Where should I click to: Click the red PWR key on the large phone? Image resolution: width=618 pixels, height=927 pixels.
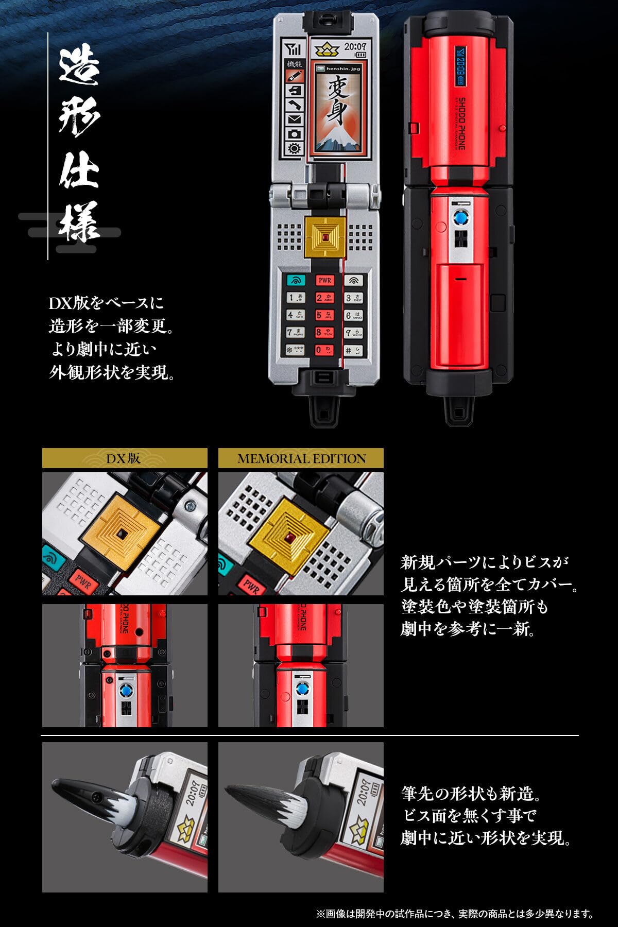click(324, 280)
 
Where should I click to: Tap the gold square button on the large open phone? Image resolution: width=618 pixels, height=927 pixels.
click(325, 237)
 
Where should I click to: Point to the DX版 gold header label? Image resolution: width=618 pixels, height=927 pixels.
click(124, 458)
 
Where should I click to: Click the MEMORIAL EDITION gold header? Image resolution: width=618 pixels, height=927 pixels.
click(301, 458)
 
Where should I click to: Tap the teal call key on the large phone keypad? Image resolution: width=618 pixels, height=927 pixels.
click(296, 281)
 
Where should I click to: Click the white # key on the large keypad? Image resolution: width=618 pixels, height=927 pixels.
click(353, 350)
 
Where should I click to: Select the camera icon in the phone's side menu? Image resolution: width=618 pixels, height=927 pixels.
click(295, 133)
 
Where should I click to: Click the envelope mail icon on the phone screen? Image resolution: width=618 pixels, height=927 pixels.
click(295, 119)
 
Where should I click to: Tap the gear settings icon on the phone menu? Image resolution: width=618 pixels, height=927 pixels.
click(295, 148)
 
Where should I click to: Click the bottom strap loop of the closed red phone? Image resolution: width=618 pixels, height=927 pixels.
click(458, 410)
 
